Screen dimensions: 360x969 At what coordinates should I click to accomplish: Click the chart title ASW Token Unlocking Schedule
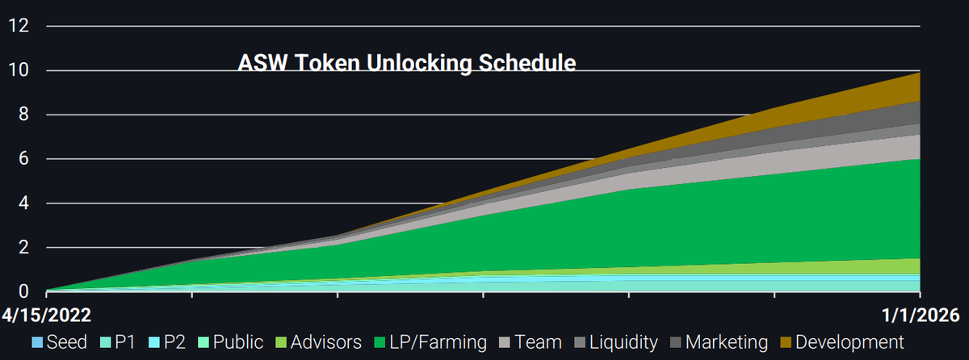[407, 63]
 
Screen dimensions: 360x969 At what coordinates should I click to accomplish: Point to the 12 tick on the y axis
[19, 26]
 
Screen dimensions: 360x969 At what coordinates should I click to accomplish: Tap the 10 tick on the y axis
[19, 70]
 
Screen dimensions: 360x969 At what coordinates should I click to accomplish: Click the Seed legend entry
[60, 342]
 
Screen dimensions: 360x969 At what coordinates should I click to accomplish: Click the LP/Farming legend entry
[430, 342]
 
